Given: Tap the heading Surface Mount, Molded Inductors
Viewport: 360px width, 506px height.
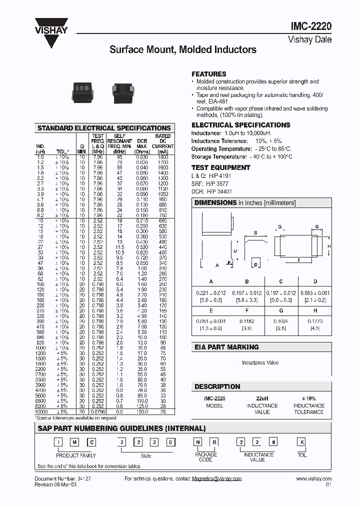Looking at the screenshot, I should [x=183, y=49].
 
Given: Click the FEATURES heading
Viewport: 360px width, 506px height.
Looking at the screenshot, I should [x=209, y=73].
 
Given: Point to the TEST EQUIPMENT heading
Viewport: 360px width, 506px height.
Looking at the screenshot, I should [x=220, y=167].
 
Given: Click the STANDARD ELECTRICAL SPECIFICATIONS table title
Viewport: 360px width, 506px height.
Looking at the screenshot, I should [x=104, y=128].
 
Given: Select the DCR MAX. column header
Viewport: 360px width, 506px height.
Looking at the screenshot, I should [x=142, y=143].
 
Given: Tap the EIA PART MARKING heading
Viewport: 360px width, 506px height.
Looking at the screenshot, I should [x=226, y=346].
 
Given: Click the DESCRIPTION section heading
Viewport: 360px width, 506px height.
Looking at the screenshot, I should [x=217, y=386].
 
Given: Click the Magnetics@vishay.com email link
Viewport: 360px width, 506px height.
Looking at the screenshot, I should [x=216, y=478].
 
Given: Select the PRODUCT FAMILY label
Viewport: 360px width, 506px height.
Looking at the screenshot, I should [x=75, y=455].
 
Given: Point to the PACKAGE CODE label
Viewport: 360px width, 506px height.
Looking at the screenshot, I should [x=205, y=457].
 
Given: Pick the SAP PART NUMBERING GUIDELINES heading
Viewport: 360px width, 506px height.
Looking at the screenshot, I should [x=121, y=428].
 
